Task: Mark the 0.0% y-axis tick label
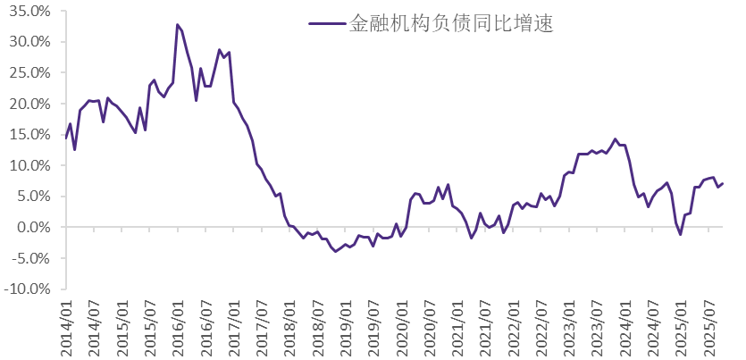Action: tap(35, 228)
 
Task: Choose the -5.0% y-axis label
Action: tap(33, 258)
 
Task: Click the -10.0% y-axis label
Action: tap(29, 289)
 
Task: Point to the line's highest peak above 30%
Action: tap(178, 25)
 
